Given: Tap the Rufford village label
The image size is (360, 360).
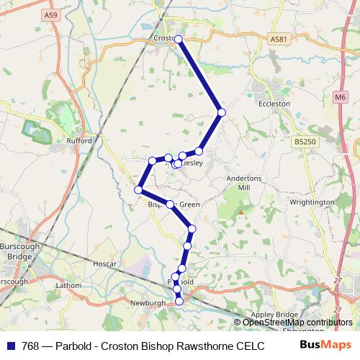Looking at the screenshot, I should click(x=79, y=141).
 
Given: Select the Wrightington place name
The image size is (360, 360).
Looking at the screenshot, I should click(x=312, y=203).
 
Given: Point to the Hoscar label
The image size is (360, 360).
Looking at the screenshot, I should click(x=104, y=264).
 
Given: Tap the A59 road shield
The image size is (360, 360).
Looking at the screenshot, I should click(x=50, y=14).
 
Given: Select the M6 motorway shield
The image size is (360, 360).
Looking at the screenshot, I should click(x=340, y=94).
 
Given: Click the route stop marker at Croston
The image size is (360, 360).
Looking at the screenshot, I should click(x=179, y=39).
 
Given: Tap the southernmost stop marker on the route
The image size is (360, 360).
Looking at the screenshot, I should click(x=179, y=302).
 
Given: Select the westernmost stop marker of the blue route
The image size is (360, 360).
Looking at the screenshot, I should click(x=138, y=190).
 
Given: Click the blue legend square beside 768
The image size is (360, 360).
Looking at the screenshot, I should click(x=10, y=346).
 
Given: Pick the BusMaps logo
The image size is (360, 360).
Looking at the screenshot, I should click(x=323, y=346).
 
